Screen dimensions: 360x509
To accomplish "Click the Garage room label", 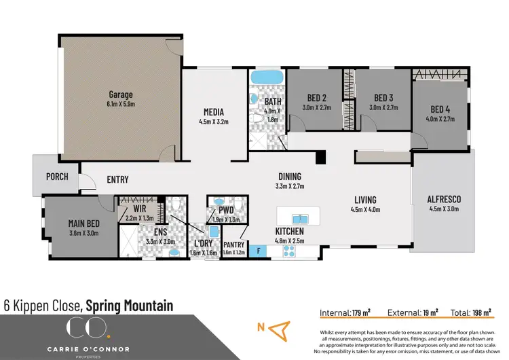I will pyautogui.click(x=121, y=95).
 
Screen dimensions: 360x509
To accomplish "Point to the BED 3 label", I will pyautogui.click(x=383, y=97).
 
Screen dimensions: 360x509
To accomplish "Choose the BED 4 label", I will pyautogui.click(x=440, y=109).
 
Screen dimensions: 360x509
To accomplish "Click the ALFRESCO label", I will pyautogui.click(x=444, y=199).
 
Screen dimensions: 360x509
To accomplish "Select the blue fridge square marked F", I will pyautogui.click(x=257, y=251).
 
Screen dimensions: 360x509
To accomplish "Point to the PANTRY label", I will pyautogui.click(x=233, y=245).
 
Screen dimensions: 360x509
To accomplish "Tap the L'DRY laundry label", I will pyautogui.click(x=202, y=244).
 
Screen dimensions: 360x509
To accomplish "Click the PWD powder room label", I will pyautogui.click(x=225, y=211).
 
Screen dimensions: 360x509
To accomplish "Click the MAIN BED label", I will pyautogui.click(x=85, y=223).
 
